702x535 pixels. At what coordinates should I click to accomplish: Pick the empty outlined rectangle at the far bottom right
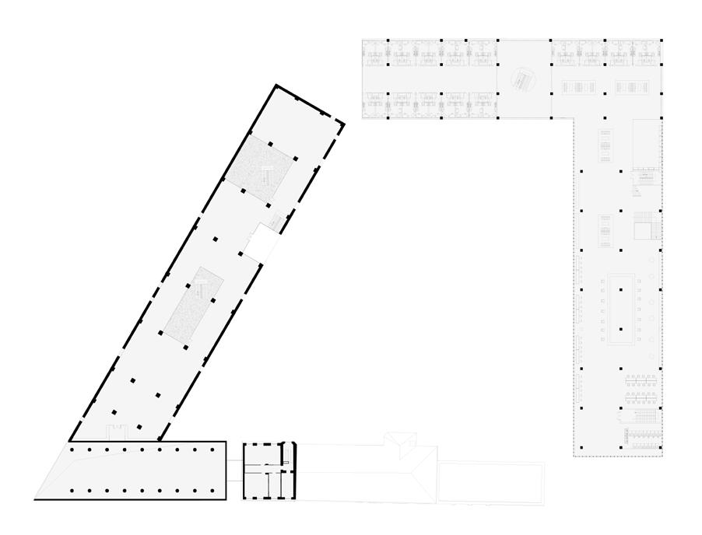click(490, 483)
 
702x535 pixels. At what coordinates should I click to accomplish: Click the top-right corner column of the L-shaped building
click(660, 40)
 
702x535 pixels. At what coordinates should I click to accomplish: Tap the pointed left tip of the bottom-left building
click(37, 498)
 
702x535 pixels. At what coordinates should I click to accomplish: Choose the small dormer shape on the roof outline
click(402, 442)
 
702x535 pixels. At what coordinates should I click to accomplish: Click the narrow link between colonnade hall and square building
click(234, 465)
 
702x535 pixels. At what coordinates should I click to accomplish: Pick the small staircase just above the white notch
click(276, 221)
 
